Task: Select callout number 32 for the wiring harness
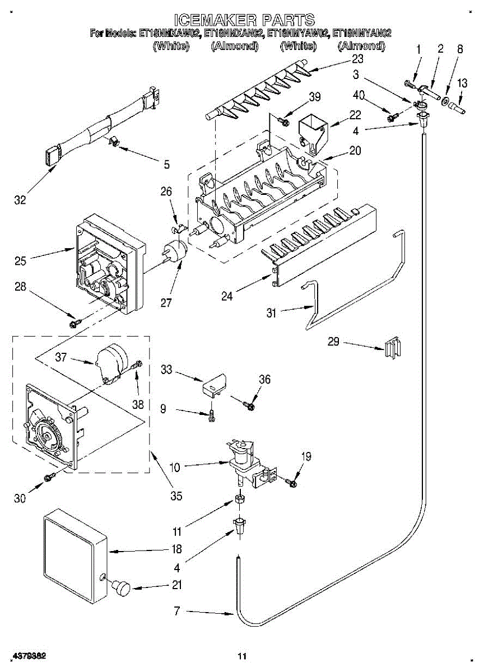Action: tap(20, 200)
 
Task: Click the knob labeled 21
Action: tap(120, 587)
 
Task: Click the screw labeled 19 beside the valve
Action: tap(291, 482)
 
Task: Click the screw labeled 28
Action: tap(75, 323)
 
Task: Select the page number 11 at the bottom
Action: tap(242, 656)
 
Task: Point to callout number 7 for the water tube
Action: tap(177, 611)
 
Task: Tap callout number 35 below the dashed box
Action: tap(176, 496)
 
